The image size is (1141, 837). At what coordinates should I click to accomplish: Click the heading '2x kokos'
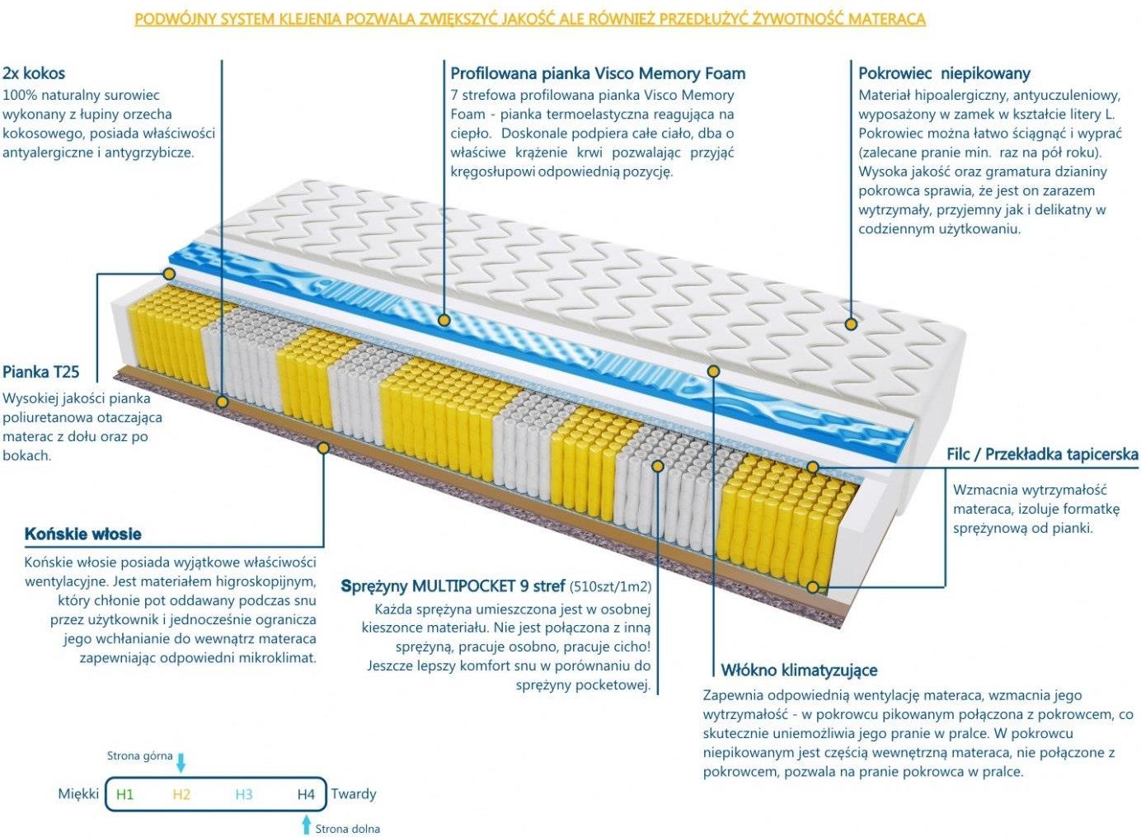click(34, 73)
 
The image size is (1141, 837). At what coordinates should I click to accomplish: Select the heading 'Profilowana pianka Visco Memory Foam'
click(598, 73)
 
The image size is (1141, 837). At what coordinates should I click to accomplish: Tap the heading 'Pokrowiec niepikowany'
click(944, 73)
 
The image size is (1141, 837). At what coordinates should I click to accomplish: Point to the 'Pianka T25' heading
click(40, 372)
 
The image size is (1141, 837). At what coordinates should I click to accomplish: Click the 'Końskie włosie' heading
click(83, 534)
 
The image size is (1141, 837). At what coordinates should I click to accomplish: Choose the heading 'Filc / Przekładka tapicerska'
click(1042, 454)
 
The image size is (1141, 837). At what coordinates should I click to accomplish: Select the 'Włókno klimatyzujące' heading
click(799, 670)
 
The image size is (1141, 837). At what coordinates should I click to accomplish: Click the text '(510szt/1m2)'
click(610, 587)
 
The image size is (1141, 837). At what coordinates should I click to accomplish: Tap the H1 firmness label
click(124, 794)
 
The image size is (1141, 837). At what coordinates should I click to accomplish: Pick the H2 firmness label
click(181, 794)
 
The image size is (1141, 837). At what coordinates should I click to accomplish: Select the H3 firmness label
click(244, 794)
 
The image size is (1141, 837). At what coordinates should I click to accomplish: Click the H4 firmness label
click(306, 794)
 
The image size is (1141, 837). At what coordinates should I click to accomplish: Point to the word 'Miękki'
click(78, 793)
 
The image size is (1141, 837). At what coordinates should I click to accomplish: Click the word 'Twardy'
click(354, 793)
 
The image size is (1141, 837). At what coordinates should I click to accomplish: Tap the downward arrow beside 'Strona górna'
click(181, 764)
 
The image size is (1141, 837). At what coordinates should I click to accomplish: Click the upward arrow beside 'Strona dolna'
click(306, 825)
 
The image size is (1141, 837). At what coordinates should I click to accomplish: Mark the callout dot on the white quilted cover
click(850, 323)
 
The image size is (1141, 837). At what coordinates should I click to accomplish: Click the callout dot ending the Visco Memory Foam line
click(444, 320)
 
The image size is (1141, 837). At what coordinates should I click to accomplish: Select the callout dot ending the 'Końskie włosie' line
click(323, 449)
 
